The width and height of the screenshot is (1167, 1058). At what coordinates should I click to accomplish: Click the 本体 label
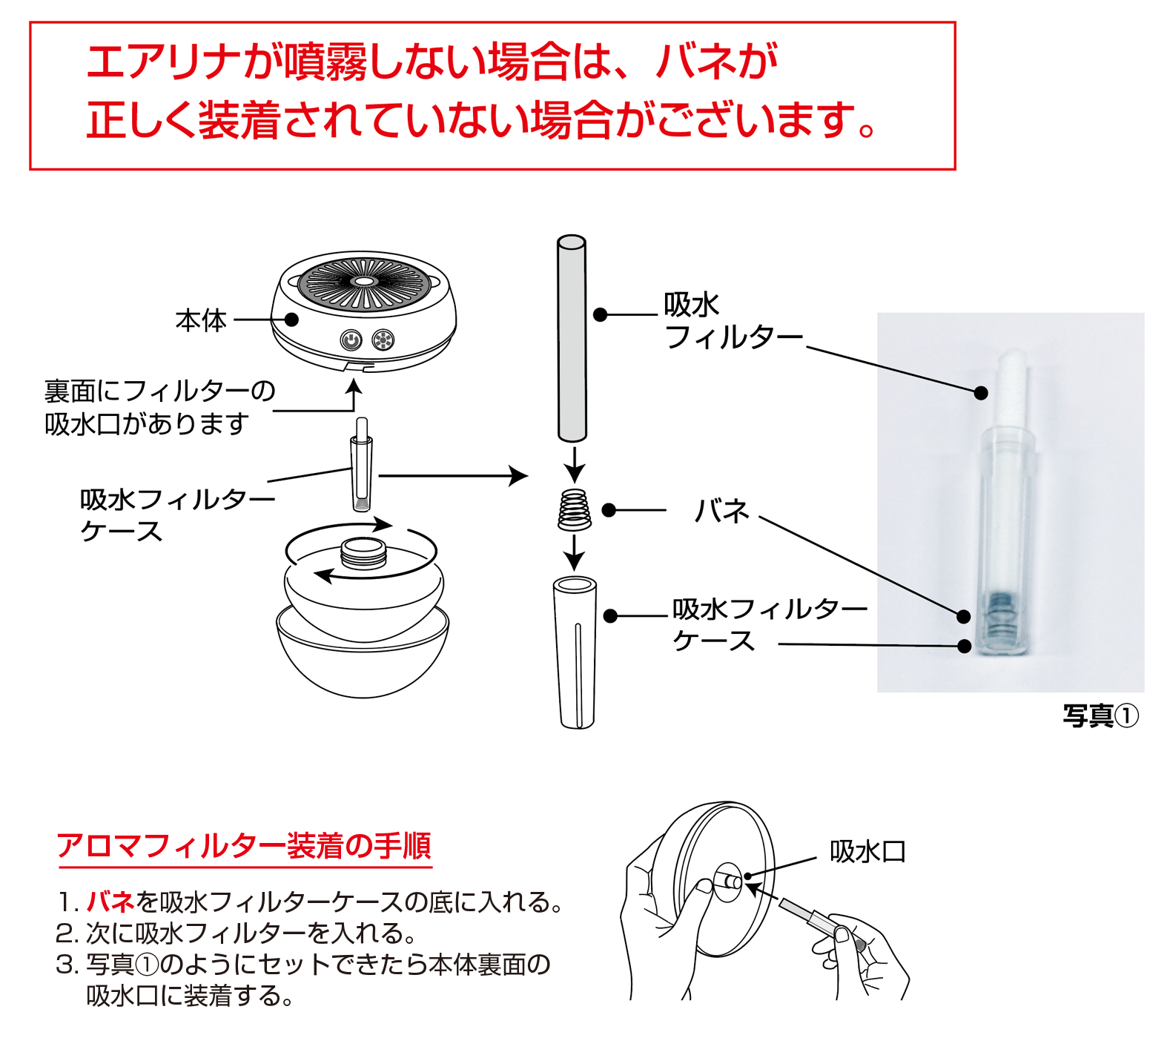point(201,320)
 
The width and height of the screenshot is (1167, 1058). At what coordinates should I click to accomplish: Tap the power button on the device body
point(351,340)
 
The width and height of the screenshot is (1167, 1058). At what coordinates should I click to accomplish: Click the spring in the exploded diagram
point(574,509)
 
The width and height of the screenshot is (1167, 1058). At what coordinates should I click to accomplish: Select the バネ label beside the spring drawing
point(721,511)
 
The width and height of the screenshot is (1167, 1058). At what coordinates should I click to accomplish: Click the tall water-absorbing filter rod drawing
point(572,338)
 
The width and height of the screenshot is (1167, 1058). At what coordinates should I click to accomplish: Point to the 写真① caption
point(1100,715)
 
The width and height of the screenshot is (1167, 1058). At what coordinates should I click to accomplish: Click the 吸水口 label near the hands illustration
point(867,851)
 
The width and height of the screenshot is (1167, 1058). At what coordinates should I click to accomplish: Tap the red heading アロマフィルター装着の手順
point(244,845)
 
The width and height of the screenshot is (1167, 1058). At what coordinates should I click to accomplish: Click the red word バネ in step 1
point(110,902)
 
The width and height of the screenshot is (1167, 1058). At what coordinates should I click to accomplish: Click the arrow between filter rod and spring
point(574,464)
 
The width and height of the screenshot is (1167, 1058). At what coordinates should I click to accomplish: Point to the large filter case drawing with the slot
point(575,652)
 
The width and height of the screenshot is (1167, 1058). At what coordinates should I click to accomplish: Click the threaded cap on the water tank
point(363,552)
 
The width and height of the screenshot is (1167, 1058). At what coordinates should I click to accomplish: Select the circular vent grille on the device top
point(364,283)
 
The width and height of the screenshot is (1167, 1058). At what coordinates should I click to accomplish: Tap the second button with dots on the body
point(383,340)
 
